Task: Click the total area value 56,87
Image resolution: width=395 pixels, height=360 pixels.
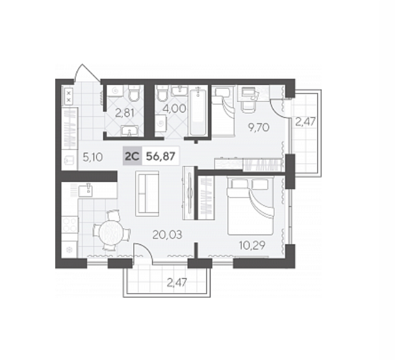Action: pyautogui.click(x=160, y=157)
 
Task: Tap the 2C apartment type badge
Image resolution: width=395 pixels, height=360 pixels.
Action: pyautogui.click(x=133, y=157)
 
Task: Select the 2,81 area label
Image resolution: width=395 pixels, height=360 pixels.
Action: pyautogui.click(x=125, y=113)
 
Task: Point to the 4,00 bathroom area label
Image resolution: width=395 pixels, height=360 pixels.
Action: pyautogui.click(x=174, y=109)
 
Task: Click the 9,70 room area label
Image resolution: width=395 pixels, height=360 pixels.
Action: pyautogui.click(x=259, y=127)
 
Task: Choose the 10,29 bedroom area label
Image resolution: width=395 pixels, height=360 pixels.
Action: pyautogui.click(x=253, y=245)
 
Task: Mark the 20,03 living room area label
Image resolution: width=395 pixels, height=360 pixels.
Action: pyautogui.click(x=167, y=235)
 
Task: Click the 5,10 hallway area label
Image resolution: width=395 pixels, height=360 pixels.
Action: pyautogui.click(x=93, y=158)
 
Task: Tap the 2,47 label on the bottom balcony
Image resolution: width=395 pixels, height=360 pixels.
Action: pyautogui.click(x=177, y=283)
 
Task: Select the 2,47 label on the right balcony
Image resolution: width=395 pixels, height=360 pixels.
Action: pyautogui.click(x=305, y=122)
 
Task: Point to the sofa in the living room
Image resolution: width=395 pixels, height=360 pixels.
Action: pyautogui.click(x=147, y=193)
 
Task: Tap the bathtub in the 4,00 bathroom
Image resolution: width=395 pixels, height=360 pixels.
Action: pyautogui.click(x=198, y=111)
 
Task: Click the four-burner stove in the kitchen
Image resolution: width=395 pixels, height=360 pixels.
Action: pyautogui.click(x=70, y=224)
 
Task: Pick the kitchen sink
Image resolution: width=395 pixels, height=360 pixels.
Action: pyautogui.click(x=85, y=190)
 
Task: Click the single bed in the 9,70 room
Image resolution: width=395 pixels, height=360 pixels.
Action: pyautogui.click(x=223, y=112)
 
